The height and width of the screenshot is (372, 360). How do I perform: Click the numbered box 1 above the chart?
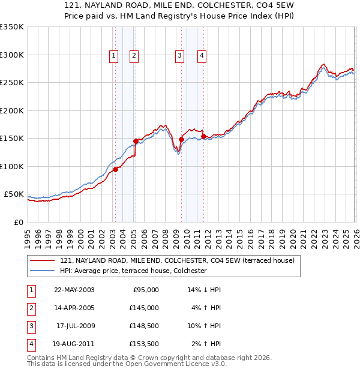pyautogui.click(x=114, y=56)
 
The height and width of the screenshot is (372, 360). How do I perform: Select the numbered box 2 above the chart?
pyautogui.click(x=134, y=56)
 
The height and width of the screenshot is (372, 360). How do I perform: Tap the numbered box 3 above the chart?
pyautogui.click(x=179, y=56)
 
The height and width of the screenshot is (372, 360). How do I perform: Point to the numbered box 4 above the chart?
pyautogui.click(x=202, y=56)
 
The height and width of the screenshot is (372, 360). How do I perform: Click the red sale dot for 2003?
pyautogui.click(x=115, y=169)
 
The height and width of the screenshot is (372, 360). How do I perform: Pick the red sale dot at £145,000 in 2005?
pyautogui.click(x=136, y=142)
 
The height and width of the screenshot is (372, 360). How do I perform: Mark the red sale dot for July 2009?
pyautogui.click(x=181, y=139)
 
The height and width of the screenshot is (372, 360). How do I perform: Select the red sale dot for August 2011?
pyautogui.click(x=203, y=136)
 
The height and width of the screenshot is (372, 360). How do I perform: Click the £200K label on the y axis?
pyautogui.click(x=12, y=110)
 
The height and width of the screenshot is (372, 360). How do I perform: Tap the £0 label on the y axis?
pyautogui.click(x=19, y=222)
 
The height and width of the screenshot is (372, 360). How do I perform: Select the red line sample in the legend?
pyautogui.click(x=43, y=261)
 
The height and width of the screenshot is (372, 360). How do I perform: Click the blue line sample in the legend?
pyautogui.click(x=43, y=271)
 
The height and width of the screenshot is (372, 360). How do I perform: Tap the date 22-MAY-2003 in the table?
pyautogui.click(x=74, y=290)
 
